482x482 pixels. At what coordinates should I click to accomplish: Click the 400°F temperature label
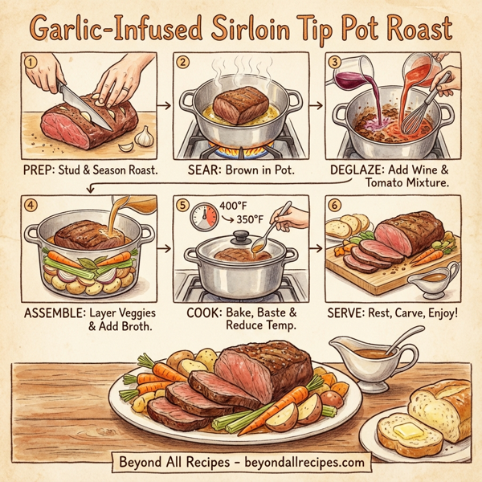point(233,206)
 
